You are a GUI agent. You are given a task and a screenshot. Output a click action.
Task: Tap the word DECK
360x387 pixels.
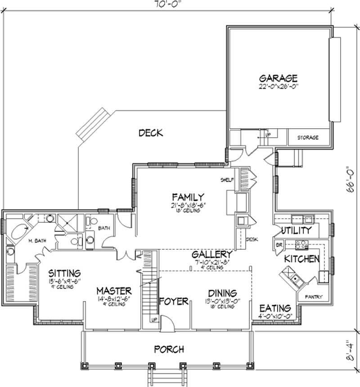150,133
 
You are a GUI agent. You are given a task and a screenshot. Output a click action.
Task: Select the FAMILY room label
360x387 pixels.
188,197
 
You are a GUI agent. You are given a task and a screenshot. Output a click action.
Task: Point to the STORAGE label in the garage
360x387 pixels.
308,137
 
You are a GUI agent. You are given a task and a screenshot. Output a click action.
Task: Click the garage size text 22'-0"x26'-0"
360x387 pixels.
279,86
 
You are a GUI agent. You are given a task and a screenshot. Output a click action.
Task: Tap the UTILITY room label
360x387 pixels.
296,231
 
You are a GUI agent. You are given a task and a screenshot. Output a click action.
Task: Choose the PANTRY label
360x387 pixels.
312,297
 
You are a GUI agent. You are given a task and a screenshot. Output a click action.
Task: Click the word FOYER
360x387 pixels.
174,301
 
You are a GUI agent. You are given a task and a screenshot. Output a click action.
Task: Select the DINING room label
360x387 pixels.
220,292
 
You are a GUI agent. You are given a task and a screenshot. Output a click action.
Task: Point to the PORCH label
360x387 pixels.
168,349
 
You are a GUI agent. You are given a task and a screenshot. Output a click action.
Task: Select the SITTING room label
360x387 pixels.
64,273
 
